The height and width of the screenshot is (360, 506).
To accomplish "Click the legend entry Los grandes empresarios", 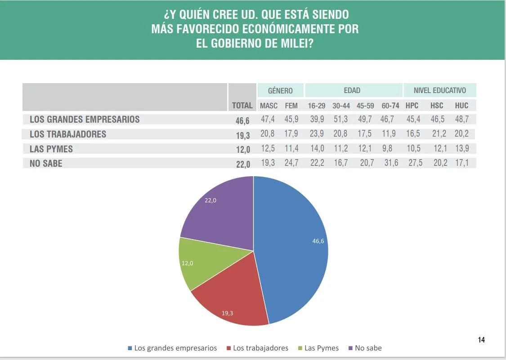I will pyautogui.click(x=172, y=348).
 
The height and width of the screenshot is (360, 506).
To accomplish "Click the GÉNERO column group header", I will pyautogui.click(x=280, y=90).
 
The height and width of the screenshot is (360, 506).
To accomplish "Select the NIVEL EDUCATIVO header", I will pyautogui.click(x=440, y=90).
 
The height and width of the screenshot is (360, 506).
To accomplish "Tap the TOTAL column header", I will pyautogui.click(x=242, y=106).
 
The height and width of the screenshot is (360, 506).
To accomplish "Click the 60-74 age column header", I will pyautogui.click(x=390, y=106).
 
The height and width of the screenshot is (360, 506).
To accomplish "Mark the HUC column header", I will pyautogui.click(x=461, y=106).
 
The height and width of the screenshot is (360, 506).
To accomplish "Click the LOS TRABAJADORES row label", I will pyautogui.click(x=68, y=134).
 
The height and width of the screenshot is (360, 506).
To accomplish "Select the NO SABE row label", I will pyautogui.click(x=46, y=164).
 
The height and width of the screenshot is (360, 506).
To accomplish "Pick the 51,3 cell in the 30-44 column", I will pyautogui.click(x=340, y=119).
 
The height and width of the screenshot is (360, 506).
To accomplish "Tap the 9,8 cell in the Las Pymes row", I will pyautogui.click(x=387, y=148).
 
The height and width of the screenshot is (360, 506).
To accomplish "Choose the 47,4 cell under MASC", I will pyautogui.click(x=269, y=119).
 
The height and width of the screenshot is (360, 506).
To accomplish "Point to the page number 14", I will pyautogui.click(x=481, y=340).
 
